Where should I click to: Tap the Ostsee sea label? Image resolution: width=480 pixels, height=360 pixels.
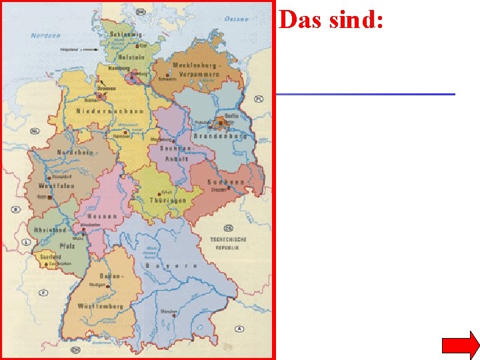(236, 19)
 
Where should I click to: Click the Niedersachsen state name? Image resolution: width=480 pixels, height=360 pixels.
(109, 111)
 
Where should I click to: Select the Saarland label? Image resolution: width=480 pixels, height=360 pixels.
(51, 257)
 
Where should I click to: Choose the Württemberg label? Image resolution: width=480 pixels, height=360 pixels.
(100, 306)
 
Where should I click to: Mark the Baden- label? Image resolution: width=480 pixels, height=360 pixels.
(111, 275)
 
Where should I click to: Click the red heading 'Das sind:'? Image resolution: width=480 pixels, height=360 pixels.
(331, 20)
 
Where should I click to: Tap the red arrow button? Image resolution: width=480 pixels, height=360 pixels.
(460, 345)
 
